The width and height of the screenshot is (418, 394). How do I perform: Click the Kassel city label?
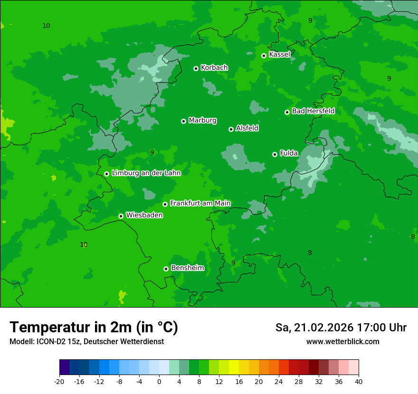tap(279, 55)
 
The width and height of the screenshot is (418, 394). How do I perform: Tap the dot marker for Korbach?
tap(196, 68)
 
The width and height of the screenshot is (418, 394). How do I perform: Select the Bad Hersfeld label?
tap(313, 111)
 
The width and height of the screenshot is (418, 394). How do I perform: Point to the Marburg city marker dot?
tap(183, 121)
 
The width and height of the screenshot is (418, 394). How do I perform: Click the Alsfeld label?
tap(247, 128)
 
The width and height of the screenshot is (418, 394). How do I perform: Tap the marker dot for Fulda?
tap(275, 154)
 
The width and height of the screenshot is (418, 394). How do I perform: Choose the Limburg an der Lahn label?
tap(146, 173)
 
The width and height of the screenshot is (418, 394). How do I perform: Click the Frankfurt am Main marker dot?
tap(165, 204)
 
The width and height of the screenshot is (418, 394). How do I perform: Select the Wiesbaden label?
tap(144, 215)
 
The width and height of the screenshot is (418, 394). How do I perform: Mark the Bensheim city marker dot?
tap(166, 269)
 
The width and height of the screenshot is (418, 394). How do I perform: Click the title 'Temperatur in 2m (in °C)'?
tap(94, 327)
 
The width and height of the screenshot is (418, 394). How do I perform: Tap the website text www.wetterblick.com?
tap(342, 342)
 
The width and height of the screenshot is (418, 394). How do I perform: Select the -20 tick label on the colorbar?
tap(59, 382)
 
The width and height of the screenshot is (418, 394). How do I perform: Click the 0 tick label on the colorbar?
tap(159, 382)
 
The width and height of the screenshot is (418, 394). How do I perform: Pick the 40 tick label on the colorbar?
tap(358, 382)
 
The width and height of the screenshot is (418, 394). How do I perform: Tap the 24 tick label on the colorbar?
tap(279, 382)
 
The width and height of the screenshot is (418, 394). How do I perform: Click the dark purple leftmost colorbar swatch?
tap(64, 367)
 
